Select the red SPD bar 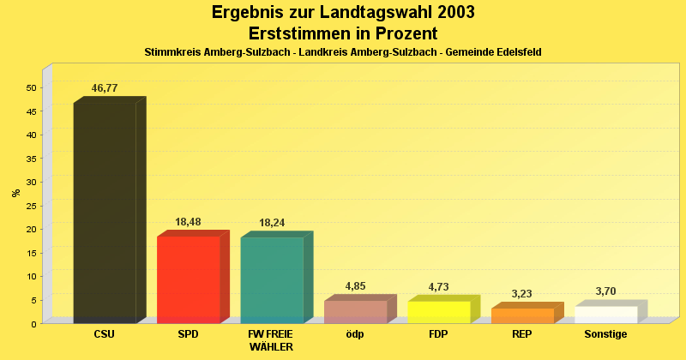click(189, 279)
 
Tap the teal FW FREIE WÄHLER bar click(272, 280)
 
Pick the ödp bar click(356, 312)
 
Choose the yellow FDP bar click(439, 312)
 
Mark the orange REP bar click(522, 315)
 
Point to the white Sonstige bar click(606, 315)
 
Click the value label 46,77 click(105, 88)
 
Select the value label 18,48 click(189, 222)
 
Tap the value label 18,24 click(272, 223)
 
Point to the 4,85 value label click(356, 286)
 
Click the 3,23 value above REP click(522, 294)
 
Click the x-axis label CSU click(104, 334)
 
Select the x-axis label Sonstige click(605, 334)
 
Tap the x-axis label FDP click(438, 334)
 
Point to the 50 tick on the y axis click(32, 87)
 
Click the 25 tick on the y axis click(32, 206)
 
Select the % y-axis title click(15, 193)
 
